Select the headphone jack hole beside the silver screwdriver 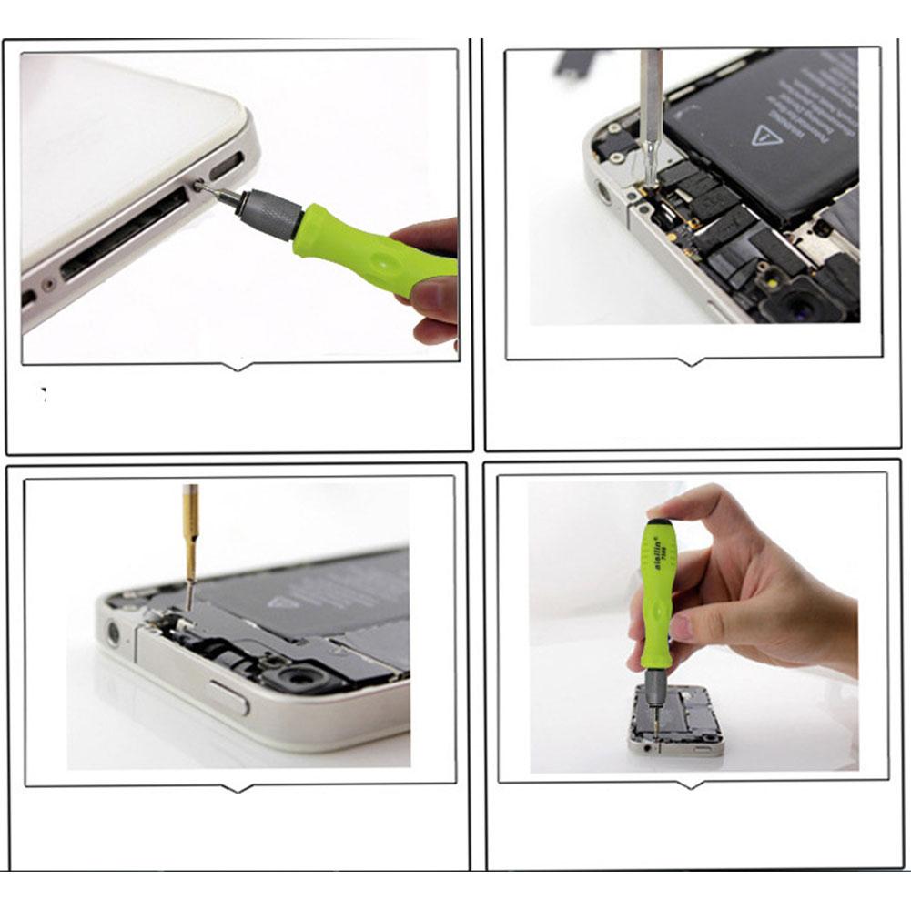coord(602,193)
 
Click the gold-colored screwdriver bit coord(190,532)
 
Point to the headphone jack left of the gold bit coord(114,632)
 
